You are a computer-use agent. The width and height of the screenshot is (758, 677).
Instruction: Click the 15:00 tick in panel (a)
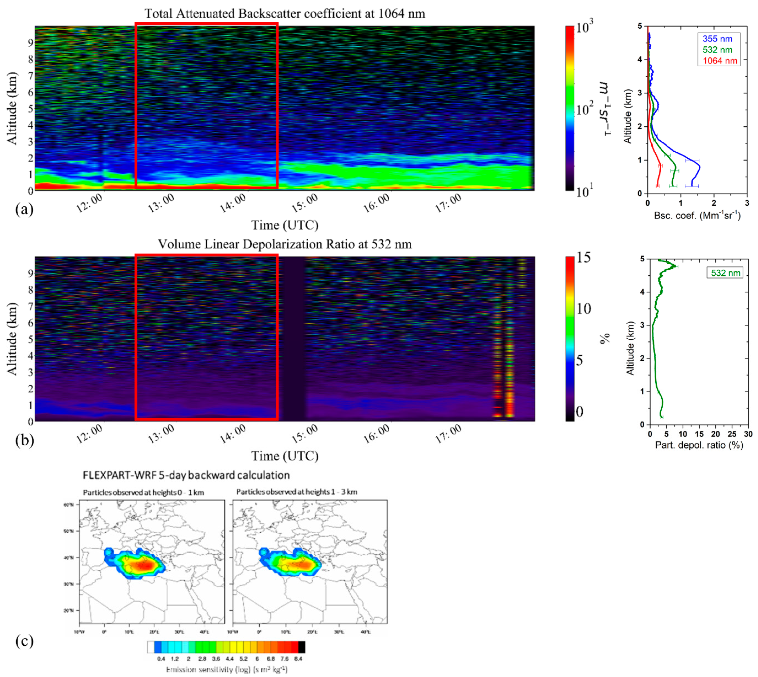(x=304, y=203)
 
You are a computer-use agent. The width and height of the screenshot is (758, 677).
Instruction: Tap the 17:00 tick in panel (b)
(x=449, y=434)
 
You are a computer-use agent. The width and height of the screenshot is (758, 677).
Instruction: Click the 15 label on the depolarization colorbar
(x=583, y=257)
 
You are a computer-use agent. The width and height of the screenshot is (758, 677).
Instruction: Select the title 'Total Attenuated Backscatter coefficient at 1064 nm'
(x=285, y=14)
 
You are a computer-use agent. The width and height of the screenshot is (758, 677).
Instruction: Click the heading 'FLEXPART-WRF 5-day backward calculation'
(x=186, y=475)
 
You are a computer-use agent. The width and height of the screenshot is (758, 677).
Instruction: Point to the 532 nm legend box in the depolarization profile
(x=725, y=273)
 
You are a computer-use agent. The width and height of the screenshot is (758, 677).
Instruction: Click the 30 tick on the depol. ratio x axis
(x=748, y=434)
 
